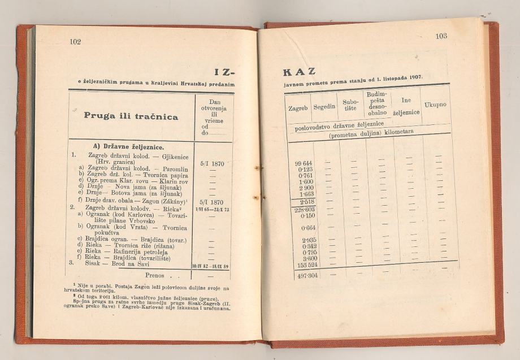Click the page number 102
(76, 41)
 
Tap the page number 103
(441, 36)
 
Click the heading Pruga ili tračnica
(131, 116)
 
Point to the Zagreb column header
(297, 107)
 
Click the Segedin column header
(324, 106)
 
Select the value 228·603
(304, 209)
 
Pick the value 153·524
(304, 264)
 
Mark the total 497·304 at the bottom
(304, 275)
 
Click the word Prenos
(154, 276)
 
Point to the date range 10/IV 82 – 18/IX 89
(210, 265)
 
